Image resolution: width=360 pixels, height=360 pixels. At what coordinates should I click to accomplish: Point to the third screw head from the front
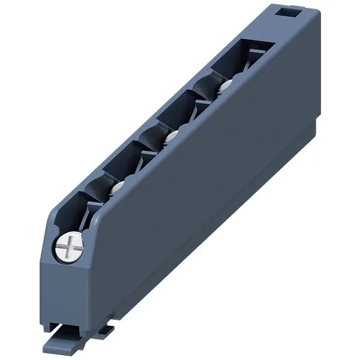tap(170, 137)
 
